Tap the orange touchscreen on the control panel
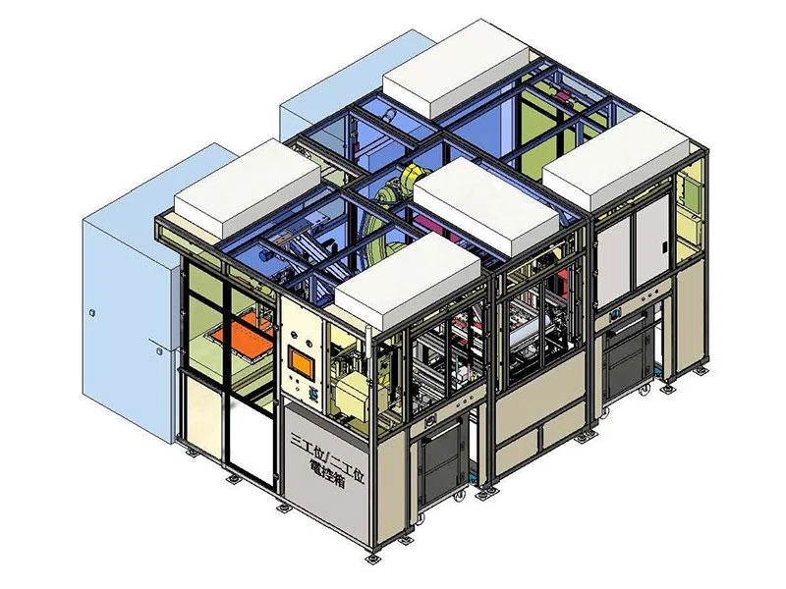[x=302, y=363]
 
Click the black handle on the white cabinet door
[x=666, y=247]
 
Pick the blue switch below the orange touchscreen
[x=311, y=395]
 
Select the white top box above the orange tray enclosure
[x=248, y=187]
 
